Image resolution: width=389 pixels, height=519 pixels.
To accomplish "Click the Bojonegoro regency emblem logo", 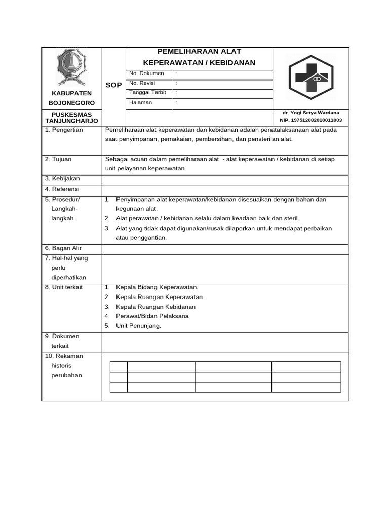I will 71,68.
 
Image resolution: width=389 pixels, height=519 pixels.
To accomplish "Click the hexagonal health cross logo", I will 311,78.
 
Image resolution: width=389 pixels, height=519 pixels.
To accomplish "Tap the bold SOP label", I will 113,85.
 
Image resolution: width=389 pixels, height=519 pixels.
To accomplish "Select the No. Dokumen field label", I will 146,73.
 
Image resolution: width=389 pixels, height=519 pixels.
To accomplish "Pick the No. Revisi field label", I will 142,83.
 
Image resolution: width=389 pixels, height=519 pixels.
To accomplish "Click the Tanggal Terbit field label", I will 148,93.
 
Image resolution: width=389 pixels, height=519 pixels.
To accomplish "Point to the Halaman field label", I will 141,102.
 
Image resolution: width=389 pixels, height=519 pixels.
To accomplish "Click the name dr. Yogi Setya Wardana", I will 310,113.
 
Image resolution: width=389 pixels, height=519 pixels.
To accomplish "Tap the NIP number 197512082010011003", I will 310,120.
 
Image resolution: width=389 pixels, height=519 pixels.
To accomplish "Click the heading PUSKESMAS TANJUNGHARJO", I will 71,118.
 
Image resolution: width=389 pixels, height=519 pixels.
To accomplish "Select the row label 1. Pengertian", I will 64,130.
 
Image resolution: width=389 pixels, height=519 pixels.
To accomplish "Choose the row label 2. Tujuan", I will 58,159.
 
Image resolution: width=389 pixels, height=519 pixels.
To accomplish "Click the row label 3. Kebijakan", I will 62,179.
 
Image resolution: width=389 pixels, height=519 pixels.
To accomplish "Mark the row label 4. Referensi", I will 63,189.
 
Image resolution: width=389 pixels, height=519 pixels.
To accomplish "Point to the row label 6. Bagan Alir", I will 63,248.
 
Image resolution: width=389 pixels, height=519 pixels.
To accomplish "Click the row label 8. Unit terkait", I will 64,287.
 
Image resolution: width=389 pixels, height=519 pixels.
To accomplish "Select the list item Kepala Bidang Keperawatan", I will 157,287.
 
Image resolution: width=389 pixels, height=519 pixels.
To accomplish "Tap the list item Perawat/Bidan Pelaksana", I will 152,316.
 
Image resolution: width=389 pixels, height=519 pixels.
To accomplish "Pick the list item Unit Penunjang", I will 138,326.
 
